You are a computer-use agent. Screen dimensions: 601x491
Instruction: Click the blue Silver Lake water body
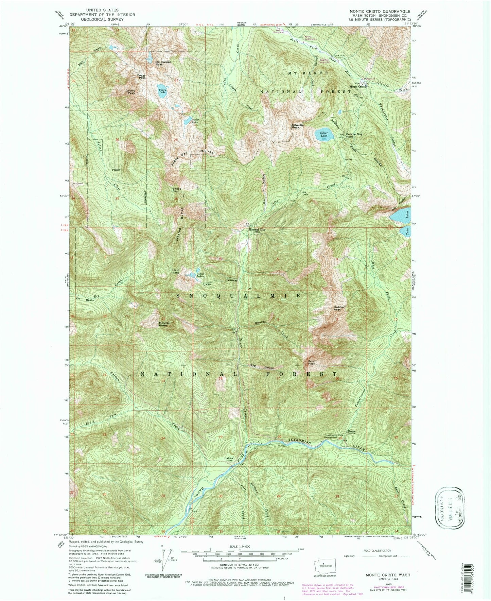(321, 134)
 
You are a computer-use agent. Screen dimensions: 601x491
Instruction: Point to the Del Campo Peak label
(163, 63)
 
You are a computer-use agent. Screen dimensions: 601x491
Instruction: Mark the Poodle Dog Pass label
(354, 135)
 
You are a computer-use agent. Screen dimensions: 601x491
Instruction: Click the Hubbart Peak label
(337, 308)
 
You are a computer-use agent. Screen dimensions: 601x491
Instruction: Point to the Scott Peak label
(312, 362)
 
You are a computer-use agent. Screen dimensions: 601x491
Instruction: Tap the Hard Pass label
(175, 271)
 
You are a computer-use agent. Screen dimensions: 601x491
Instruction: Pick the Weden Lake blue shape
(187, 121)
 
